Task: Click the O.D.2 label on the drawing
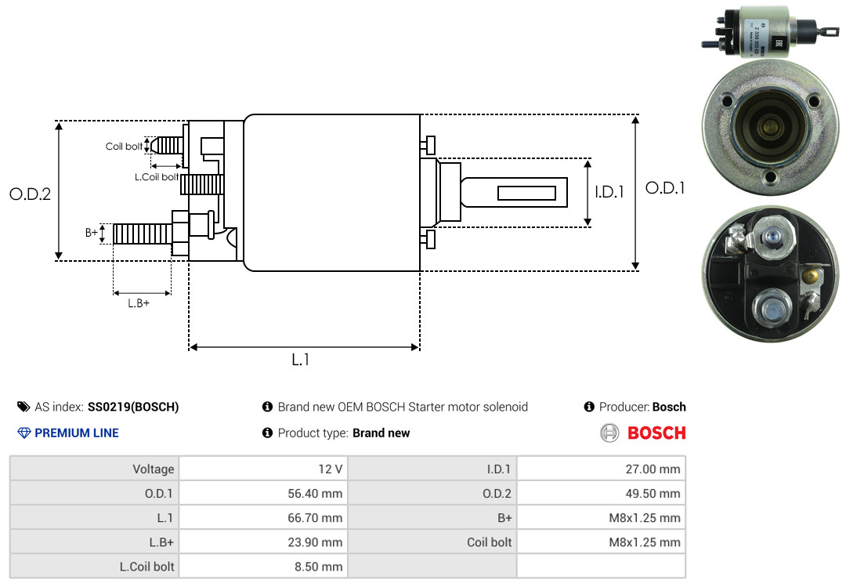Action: [x=31, y=194]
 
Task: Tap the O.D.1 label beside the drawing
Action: [x=665, y=188]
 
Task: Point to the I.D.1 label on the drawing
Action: [x=609, y=192]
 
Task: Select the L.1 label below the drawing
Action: [x=301, y=360]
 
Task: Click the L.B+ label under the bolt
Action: [x=139, y=303]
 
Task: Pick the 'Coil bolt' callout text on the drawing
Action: [x=124, y=147]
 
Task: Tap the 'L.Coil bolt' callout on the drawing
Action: [x=157, y=176]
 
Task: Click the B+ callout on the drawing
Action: [x=91, y=233]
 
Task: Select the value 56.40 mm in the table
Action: [x=315, y=494]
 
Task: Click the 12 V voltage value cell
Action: [x=331, y=469]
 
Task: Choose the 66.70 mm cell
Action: [x=315, y=518]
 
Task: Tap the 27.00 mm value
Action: [x=653, y=469]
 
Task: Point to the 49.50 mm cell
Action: [x=653, y=494]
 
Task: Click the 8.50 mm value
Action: [x=318, y=567]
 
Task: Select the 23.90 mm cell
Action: [x=315, y=542]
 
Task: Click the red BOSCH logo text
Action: [x=656, y=433]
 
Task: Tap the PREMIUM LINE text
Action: [x=77, y=433]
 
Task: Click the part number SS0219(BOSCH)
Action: [x=133, y=408]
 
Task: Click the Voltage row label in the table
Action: [x=154, y=469]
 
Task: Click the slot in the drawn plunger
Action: [x=526, y=193]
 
